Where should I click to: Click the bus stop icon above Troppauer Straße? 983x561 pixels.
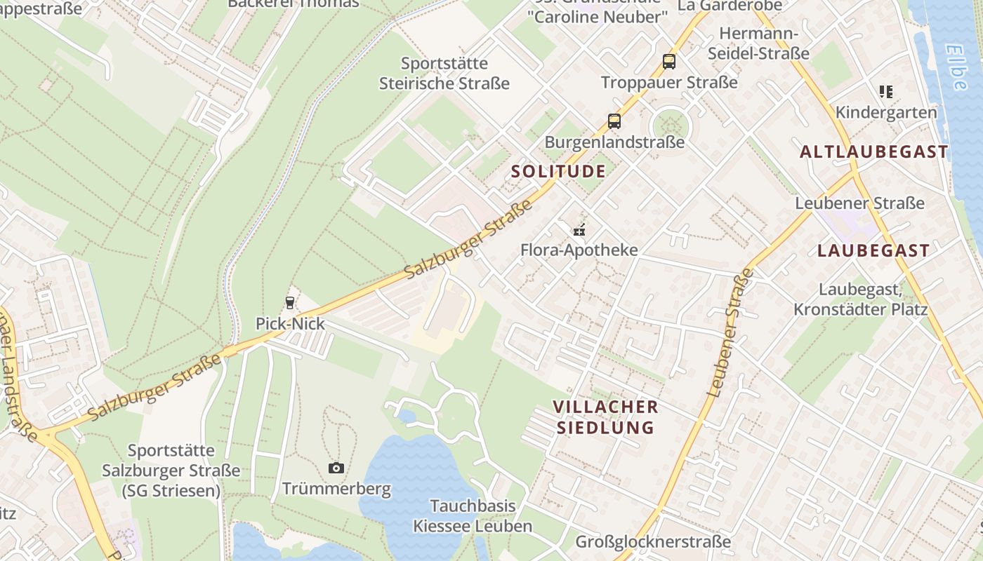(x=669, y=62)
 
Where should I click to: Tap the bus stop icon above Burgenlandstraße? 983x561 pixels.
(x=614, y=121)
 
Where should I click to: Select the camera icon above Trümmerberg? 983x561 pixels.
(x=336, y=468)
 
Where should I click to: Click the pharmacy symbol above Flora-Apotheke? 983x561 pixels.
(x=579, y=229)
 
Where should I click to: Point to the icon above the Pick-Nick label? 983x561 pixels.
(x=289, y=303)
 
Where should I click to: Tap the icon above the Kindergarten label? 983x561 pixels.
(x=886, y=92)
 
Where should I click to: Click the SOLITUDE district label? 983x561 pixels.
(x=558, y=172)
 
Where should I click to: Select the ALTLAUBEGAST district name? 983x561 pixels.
(x=874, y=152)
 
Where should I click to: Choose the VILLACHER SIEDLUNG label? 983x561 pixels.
(x=605, y=417)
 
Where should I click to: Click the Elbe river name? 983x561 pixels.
(x=956, y=67)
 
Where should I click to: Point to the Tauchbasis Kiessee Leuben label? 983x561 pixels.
(x=463, y=516)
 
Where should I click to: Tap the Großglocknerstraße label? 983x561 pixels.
(x=653, y=542)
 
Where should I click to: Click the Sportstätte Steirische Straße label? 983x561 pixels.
(x=444, y=74)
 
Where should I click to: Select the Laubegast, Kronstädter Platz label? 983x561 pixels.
(x=861, y=299)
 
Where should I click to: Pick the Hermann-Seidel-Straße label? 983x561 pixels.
(x=758, y=43)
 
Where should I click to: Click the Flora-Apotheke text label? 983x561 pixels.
(x=579, y=250)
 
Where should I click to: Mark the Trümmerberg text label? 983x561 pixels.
(x=336, y=489)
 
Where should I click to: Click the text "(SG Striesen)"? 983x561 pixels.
(x=171, y=491)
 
